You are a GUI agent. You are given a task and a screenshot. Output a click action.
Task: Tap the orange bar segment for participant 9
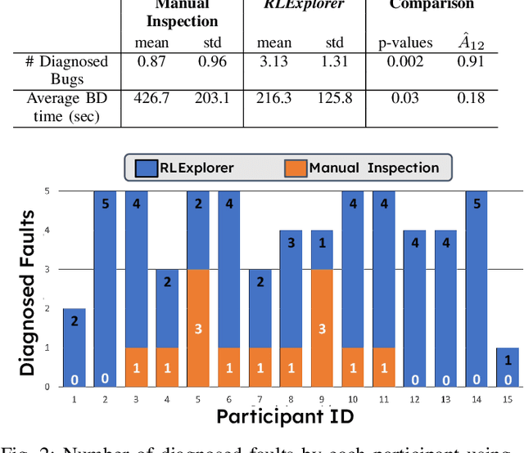point(323,327)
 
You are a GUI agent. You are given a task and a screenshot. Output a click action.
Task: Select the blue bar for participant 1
point(75,347)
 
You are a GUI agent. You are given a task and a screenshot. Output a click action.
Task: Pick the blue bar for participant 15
point(508,366)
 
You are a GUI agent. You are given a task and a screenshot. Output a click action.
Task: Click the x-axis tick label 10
point(352,398)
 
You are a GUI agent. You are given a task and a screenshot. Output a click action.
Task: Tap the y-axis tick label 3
point(46,269)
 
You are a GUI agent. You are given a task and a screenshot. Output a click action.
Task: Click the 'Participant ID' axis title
point(284,416)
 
